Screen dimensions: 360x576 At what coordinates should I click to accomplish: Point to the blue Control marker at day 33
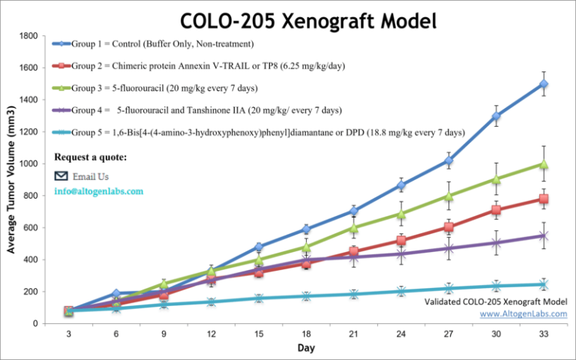[x=543, y=84]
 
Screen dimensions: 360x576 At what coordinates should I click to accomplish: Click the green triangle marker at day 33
[x=543, y=163]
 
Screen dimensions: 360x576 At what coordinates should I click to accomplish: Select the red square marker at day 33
[x=543, y=199]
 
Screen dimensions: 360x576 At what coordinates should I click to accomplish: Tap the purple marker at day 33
[x=543, y=235]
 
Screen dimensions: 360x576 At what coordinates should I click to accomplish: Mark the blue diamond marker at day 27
[x=448, y=160]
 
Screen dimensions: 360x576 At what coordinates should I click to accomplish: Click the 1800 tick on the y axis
[x=28, y=36]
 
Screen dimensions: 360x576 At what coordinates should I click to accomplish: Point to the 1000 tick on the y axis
[x=28, y=163]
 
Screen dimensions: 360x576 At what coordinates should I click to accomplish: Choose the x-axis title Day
[x=306, y=348]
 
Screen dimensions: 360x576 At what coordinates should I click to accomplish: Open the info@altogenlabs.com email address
[x=97, y=191]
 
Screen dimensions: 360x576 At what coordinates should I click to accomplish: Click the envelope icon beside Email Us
[x=61, y=176]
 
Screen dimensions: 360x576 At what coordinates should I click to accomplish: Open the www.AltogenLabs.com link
[x=523, y=313]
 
